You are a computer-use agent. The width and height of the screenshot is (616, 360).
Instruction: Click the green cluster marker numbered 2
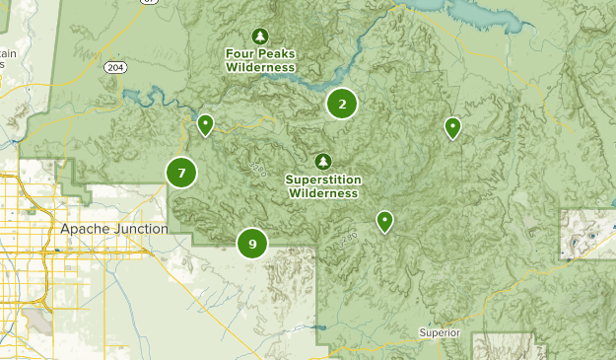tap(342, 104)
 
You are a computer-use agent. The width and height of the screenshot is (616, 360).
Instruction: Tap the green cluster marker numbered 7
tap(181, 173)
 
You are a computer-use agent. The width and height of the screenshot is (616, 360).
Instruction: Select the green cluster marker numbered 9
tap(252, 243)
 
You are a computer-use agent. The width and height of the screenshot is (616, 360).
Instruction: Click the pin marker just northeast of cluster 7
tap(205, 125)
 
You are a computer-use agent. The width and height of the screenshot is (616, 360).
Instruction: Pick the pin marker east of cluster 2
tap(452, 127)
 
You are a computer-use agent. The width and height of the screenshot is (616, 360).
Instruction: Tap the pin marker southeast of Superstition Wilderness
tap(384, 222)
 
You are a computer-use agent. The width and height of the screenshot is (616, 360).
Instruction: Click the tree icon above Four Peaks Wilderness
tap(260, 36)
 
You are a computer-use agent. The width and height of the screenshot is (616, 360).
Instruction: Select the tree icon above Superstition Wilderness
tap(322, 161)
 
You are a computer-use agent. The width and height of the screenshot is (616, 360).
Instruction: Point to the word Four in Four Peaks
tap(240, 53)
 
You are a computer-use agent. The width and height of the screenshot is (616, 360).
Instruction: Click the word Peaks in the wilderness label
tap(277, 53)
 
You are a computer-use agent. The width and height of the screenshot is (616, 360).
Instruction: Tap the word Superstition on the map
tap(323, 180)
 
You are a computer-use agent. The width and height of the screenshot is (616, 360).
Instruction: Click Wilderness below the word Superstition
tap(323, 193)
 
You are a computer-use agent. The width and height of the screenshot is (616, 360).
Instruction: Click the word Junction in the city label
tap(138, 229)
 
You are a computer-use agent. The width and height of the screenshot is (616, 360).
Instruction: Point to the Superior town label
tap(439, 332)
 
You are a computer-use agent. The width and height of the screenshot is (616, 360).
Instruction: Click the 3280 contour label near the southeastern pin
tap(347, 240)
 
